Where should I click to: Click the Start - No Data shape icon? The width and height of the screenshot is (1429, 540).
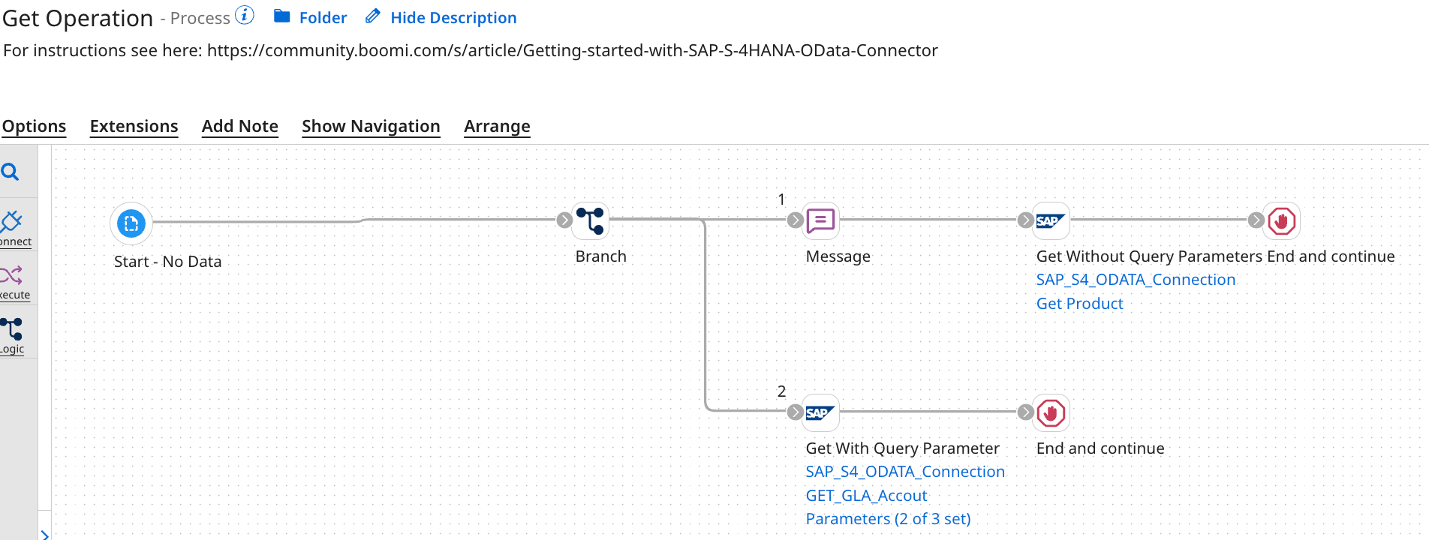131,223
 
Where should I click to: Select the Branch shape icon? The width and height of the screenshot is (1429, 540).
590,220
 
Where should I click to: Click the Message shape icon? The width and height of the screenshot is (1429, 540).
820,220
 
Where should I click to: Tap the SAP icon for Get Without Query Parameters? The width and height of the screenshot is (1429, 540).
1051,220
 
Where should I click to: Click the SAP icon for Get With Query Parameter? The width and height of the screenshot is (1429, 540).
820,412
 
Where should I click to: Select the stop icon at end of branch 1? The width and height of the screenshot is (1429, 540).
1281,220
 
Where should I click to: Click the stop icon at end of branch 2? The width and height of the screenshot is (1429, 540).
1051,412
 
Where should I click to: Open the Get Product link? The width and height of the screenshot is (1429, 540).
1079,304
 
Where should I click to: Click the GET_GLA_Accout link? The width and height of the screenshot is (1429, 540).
866,496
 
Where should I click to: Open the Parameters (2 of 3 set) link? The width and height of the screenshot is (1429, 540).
888,519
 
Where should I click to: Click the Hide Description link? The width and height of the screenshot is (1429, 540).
453,18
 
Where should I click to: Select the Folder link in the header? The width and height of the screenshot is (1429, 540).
322,18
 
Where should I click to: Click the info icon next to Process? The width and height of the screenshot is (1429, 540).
245,15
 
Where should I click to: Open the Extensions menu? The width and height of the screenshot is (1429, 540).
134,126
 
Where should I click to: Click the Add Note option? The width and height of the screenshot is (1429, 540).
239,126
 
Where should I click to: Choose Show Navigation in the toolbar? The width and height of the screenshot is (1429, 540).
371,126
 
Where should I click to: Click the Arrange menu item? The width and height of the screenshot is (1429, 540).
497,126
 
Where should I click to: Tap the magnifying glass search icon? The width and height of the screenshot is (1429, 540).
11,172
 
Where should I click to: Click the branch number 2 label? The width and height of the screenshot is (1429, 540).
781,391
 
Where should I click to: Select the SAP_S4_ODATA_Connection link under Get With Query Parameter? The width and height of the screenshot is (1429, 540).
904,472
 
